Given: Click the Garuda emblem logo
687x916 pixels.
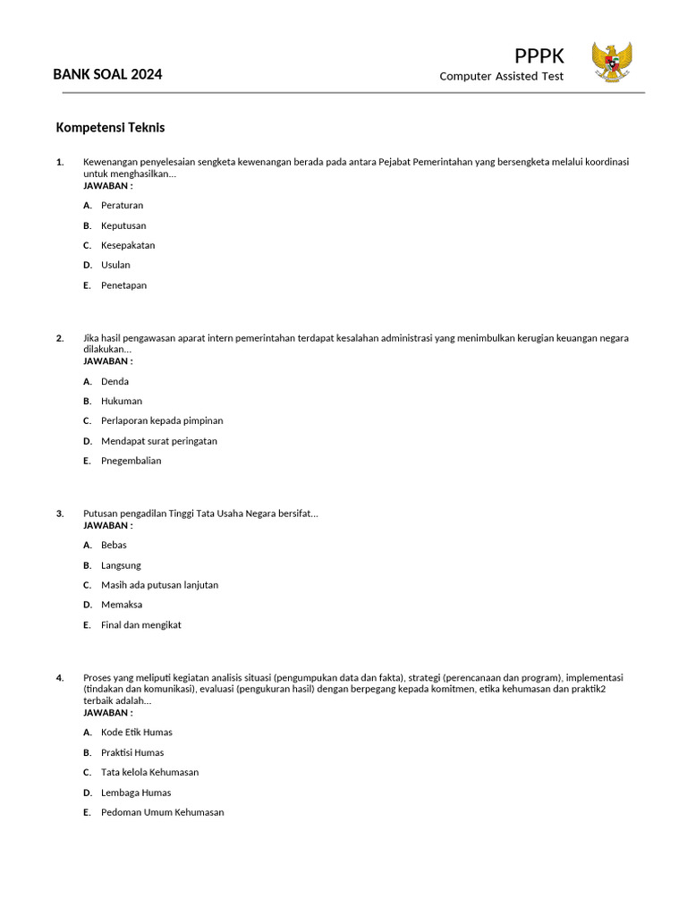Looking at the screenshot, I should pyautogui.click(x=612, y=62).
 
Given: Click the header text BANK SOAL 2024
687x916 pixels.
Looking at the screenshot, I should pyautogui.click(x=107, y=74).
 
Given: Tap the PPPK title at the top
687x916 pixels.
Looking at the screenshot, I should pyautogui.click(x=539, y=56).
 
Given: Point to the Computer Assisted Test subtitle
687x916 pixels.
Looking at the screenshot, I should pyautogui.click(x=501, y=76).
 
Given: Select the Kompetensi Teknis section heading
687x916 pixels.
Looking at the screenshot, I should pyautogui.click(x=110, y=128).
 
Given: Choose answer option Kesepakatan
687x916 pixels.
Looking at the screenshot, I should pyautogui.click(x=128, y=245).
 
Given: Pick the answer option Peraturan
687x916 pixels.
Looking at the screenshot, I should pyautogui.click(x=122, y=206).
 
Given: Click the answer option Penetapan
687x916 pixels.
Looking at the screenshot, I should pyautogui.click(x=123, y=285).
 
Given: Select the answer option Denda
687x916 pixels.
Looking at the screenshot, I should pyautogui.click(x=114, y=381).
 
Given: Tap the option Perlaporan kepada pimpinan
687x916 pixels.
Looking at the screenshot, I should pyautogui.click(x=162, y=420).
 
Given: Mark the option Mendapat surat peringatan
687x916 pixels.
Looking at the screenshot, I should pyautogui.click(x=159, y=441).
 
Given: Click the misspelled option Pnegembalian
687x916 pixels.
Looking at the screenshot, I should pyautogui.click(x=131, y=461).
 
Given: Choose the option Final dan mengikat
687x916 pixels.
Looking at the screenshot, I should pyautogui.click(x=140, y=625).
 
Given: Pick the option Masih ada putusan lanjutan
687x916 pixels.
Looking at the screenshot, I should pyautogui.click(x=159, y=585).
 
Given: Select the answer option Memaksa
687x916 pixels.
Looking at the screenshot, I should pyautogui.click(x=122, y=605).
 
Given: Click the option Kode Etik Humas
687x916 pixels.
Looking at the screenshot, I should pyautogui.click(x=136, y=733).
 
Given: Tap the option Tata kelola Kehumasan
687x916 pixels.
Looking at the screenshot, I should pyautogui.click(x=149, y=772).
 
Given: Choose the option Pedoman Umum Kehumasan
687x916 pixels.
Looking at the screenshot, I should pyautogui.click(x=162, y=812).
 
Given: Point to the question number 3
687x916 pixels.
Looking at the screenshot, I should pyautogui.click(x=60, y=513).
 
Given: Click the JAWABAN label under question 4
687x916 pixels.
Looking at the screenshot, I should pyautogui.click(x=107, y=713).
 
